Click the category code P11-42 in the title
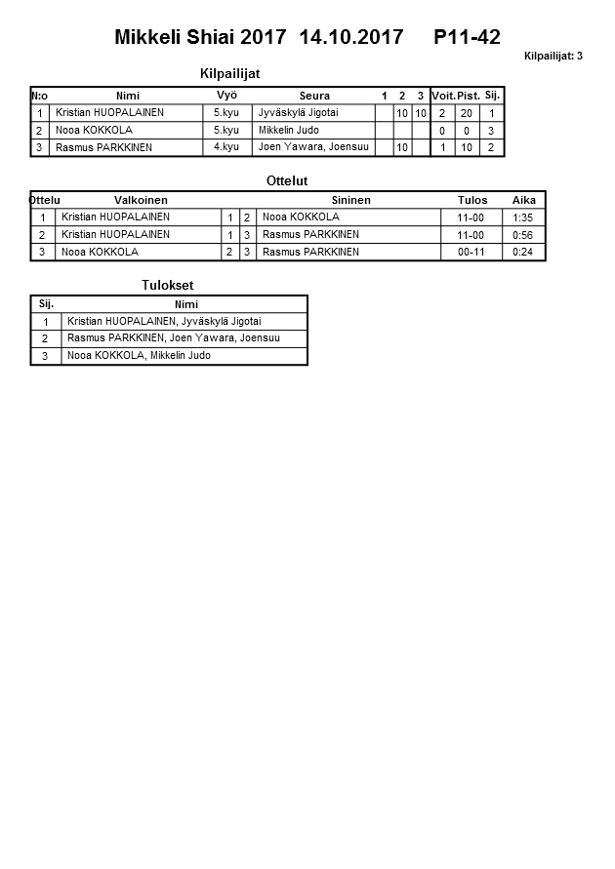click(467, 38)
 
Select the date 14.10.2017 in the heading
click(351, 38)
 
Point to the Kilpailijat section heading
click(228, 73)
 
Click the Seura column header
click(314, 96)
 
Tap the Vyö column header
click(226, 96)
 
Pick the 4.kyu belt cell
click(225, 147)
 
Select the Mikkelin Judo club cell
click(289, 130)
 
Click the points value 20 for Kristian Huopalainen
click(467, 113)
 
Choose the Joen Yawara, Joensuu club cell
click(313, 147)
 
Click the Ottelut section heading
click(287, 180)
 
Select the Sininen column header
click(350, 200)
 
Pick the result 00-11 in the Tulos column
click(471, 252)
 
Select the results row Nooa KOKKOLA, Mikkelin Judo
click(139, 356)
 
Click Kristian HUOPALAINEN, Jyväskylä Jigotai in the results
click(164, 321)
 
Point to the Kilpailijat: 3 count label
click(553, 57)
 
